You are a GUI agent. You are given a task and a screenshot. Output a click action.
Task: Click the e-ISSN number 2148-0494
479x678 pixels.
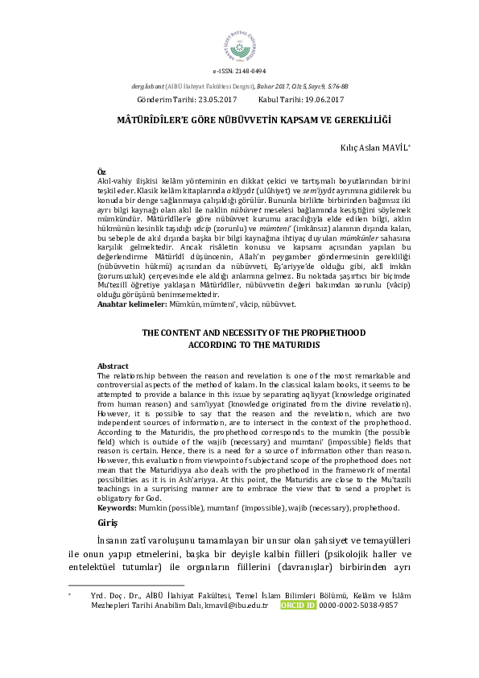coord(250,72)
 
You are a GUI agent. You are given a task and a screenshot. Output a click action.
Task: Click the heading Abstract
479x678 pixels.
coord(113,366)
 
